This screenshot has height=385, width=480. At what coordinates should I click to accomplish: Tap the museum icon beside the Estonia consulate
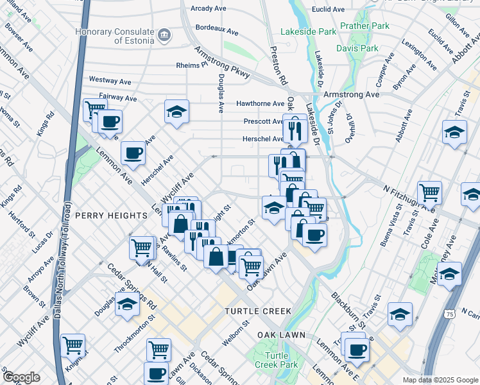click(164, 33)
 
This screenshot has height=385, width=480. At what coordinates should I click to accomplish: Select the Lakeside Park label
click(309, 31)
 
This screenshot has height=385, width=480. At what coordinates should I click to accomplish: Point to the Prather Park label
click(364, 26)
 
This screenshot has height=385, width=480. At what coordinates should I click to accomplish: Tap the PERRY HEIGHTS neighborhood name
click(111, 216)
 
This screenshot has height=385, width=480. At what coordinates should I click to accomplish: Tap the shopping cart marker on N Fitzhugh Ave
click(429, 191)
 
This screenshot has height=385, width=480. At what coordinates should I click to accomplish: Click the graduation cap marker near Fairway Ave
click(176, 112)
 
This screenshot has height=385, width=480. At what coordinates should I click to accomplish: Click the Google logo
click(21, 377)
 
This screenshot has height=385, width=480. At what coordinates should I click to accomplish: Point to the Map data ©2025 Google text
click(440, 380)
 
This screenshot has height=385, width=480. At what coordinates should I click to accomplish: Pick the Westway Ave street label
click(110, 81)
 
